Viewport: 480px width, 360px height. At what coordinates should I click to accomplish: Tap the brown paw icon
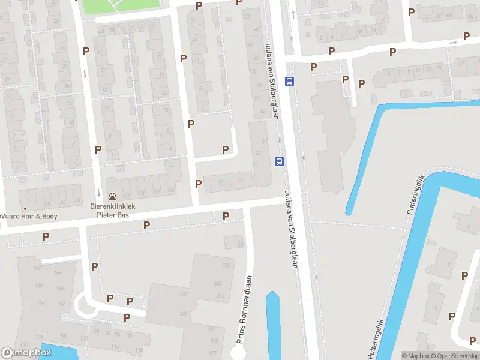coord(113,196)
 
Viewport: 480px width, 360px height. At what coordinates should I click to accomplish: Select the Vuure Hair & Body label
coord(29,216)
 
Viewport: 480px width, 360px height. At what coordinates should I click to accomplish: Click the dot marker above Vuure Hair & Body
coord(25,208)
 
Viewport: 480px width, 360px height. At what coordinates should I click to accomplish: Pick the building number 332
coord(226,265)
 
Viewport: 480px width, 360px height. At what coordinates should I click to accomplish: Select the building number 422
coord(183,314)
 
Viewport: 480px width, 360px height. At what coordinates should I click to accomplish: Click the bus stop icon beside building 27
coord(279,161)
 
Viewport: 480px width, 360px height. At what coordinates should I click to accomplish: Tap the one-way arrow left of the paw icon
coord(99,193)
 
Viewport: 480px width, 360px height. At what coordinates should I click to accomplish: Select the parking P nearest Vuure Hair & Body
coord(46,236)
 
